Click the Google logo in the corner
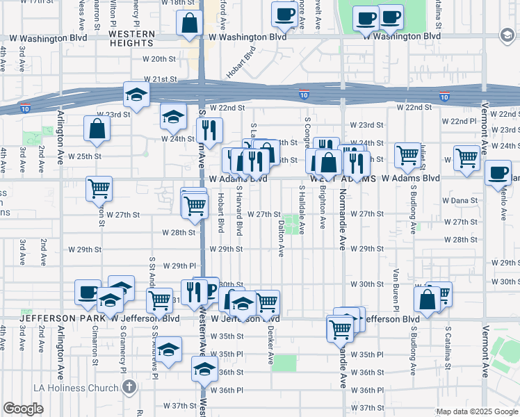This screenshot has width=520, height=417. (x=23, y=409)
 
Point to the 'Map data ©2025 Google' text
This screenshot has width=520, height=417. (x=476, y=411)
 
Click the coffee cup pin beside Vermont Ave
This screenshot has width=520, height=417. (x=497, y=173)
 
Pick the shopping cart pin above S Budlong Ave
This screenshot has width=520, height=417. (x=407, y=156)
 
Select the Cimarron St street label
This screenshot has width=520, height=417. (x=95, y=345)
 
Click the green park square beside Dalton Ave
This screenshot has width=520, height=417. (x=295, y=224)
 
